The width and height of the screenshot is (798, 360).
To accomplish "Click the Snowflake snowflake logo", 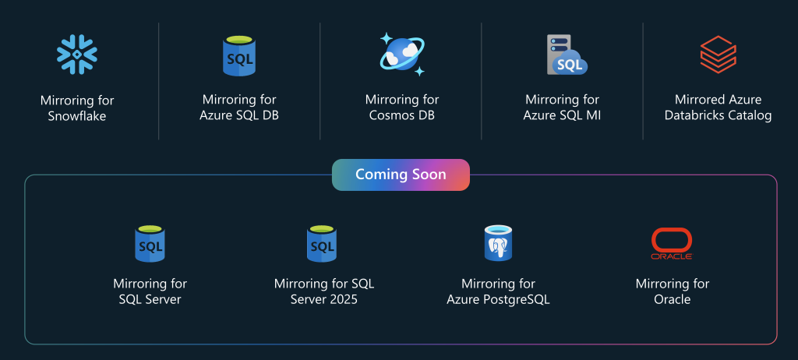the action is (x=77, y=54).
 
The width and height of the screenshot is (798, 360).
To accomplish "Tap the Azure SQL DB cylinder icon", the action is (x=239, y=56).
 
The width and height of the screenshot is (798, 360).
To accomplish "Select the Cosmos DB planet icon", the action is (x=402, y=55).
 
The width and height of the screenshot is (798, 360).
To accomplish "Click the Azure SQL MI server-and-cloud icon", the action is (x=567, y=55).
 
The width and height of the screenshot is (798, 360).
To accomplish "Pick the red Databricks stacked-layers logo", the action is (x=718, y=55).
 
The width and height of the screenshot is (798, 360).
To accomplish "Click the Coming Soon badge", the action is (x=401, y=175).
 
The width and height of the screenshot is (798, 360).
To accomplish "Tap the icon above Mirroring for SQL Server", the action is (x=150, y=244).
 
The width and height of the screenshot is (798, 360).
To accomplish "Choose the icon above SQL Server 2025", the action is (x=322, y=244).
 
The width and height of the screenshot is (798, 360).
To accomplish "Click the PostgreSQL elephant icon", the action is (x=498, y=243).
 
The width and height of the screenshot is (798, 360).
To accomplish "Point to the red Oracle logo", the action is (x=672, y=244).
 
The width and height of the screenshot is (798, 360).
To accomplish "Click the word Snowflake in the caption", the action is (x=77, y=116).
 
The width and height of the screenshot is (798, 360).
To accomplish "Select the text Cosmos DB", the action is (x=402, y=115).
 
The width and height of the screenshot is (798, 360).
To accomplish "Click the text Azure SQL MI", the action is (x=562, y=115).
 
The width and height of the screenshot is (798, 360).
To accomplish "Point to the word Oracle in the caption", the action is (x=672, y=299).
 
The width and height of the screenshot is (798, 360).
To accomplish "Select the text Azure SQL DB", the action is (x=239, y=115).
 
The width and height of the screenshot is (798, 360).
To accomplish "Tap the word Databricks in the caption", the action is (x=695, y=115).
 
